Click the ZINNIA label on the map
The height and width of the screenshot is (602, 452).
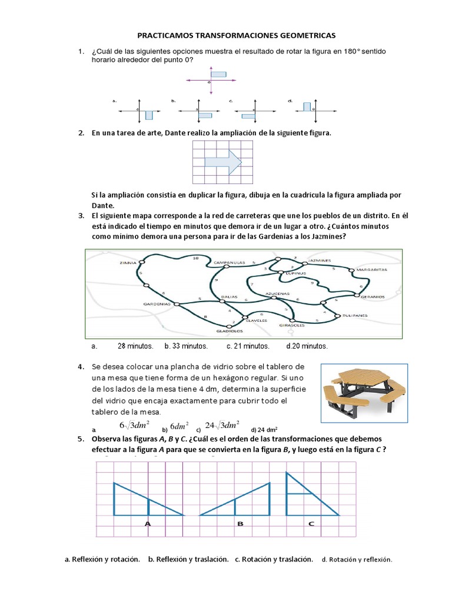128,263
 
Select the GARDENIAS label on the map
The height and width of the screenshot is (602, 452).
157,304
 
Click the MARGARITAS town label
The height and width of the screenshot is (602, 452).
371,270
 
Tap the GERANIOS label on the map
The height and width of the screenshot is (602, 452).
372,297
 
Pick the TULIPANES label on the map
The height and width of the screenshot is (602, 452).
355,316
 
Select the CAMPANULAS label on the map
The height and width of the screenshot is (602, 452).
228,262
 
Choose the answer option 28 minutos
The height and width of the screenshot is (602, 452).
135,346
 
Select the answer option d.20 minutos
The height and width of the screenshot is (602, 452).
307,346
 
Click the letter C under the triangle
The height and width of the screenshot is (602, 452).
311,523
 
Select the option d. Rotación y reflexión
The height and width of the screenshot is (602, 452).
357,560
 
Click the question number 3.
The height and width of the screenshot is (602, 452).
81,215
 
